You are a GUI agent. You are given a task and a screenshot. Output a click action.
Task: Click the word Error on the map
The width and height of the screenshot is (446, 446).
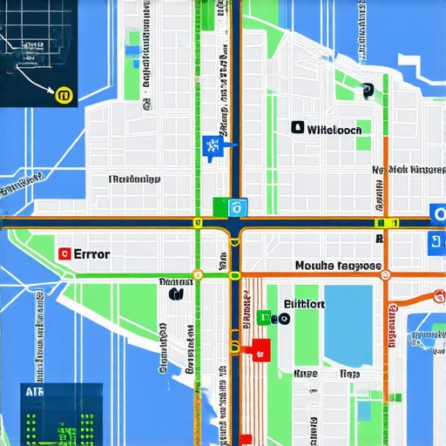pos(91,254)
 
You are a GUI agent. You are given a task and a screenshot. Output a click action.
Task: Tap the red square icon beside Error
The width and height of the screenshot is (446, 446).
pos(63,254)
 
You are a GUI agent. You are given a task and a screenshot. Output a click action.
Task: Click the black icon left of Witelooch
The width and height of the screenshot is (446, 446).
pos(298,128)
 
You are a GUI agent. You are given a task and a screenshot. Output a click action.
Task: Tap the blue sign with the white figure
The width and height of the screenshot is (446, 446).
pos(209,145)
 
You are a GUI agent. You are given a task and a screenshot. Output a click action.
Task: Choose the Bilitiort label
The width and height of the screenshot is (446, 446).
pos(304,304)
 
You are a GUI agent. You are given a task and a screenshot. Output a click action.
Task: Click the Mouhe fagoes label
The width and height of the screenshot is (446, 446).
pos(338,265)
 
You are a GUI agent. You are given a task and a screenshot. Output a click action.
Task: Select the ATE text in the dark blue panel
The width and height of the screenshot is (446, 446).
pos(34,393)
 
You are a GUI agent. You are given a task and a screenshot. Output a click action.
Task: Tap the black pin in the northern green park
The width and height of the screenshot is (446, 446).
pos(367,89)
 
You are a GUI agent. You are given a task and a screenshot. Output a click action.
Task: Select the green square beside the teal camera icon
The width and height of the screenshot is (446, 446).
pos(220,206)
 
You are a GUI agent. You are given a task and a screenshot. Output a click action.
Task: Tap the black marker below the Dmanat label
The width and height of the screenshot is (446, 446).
pos(177,294)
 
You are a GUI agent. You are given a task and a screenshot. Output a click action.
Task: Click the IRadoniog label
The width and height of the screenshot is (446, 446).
pos(134,179)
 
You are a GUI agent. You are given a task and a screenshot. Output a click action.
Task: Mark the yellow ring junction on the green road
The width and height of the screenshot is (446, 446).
pos(198,275)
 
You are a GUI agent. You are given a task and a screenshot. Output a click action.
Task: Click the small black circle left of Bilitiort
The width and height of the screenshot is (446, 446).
pos(286,319)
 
